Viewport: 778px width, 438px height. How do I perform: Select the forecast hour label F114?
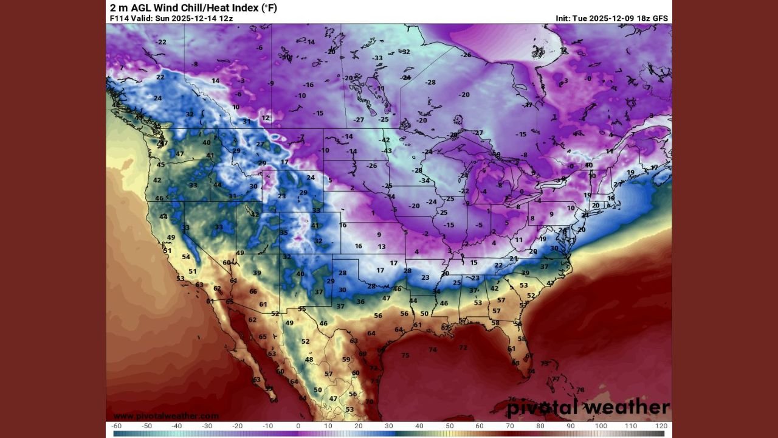coord(119,18)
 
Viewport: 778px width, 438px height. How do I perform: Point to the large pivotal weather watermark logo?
coord(588,407)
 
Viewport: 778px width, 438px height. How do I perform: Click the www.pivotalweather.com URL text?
coord(166,415)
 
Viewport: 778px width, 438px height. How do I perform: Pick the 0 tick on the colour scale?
coord(298,426)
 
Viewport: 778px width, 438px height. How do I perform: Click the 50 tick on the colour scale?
coord(450,426)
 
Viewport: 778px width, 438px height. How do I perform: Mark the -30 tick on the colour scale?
coord(207,426)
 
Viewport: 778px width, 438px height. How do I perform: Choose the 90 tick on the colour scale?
coord(571,426)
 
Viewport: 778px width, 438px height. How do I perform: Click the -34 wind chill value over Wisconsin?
coord(424,181)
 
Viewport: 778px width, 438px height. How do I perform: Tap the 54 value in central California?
coord(186,257)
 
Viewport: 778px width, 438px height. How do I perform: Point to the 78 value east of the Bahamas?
coord(580,390)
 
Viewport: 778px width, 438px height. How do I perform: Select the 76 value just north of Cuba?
coord(512,383)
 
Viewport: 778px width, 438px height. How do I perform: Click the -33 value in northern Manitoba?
coord(377,58)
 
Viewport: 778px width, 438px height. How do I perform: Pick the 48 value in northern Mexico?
coord(309,360)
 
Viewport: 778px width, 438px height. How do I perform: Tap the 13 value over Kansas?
coord(382,246)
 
